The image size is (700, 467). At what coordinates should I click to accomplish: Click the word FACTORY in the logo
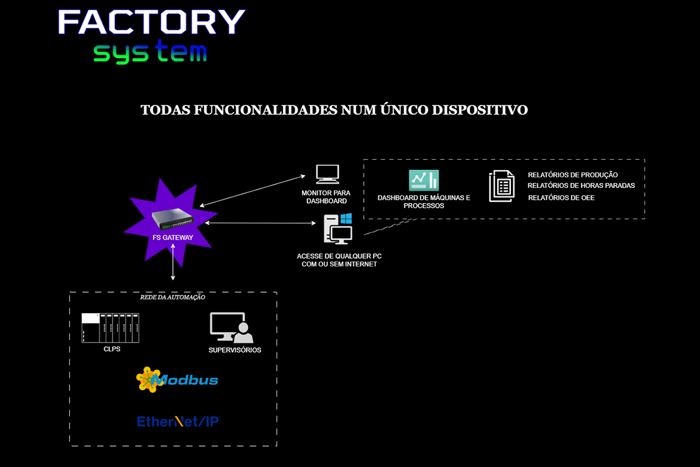coord(151,23)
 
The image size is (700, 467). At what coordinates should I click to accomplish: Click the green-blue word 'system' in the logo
coord(150,53)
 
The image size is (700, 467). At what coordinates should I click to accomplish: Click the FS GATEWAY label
coord(173,238)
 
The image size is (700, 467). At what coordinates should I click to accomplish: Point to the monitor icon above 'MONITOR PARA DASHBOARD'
coord(327,174)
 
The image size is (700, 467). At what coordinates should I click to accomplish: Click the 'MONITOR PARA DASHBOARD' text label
coord(326,197)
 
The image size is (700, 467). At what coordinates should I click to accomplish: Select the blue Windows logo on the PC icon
coord(346,219)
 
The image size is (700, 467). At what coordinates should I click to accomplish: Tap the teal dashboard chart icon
coord(424,180)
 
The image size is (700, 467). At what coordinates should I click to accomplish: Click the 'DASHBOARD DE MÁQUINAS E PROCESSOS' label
coord(424,202)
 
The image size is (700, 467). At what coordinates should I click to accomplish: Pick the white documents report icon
coord(501,186)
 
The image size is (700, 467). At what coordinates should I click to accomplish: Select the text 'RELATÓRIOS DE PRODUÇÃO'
coord(573,175)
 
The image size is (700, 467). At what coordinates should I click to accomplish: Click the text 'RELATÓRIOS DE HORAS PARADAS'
coord(581,186)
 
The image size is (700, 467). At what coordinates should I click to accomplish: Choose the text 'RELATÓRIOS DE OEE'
coord(561,198)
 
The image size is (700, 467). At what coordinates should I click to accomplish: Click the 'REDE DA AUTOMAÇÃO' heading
coord(172,298)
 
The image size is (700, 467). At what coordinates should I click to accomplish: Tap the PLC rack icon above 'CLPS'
coord(111,328)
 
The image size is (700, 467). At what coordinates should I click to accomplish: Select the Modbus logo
coord(177,380)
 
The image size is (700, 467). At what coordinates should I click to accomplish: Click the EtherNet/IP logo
coord(178,421)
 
